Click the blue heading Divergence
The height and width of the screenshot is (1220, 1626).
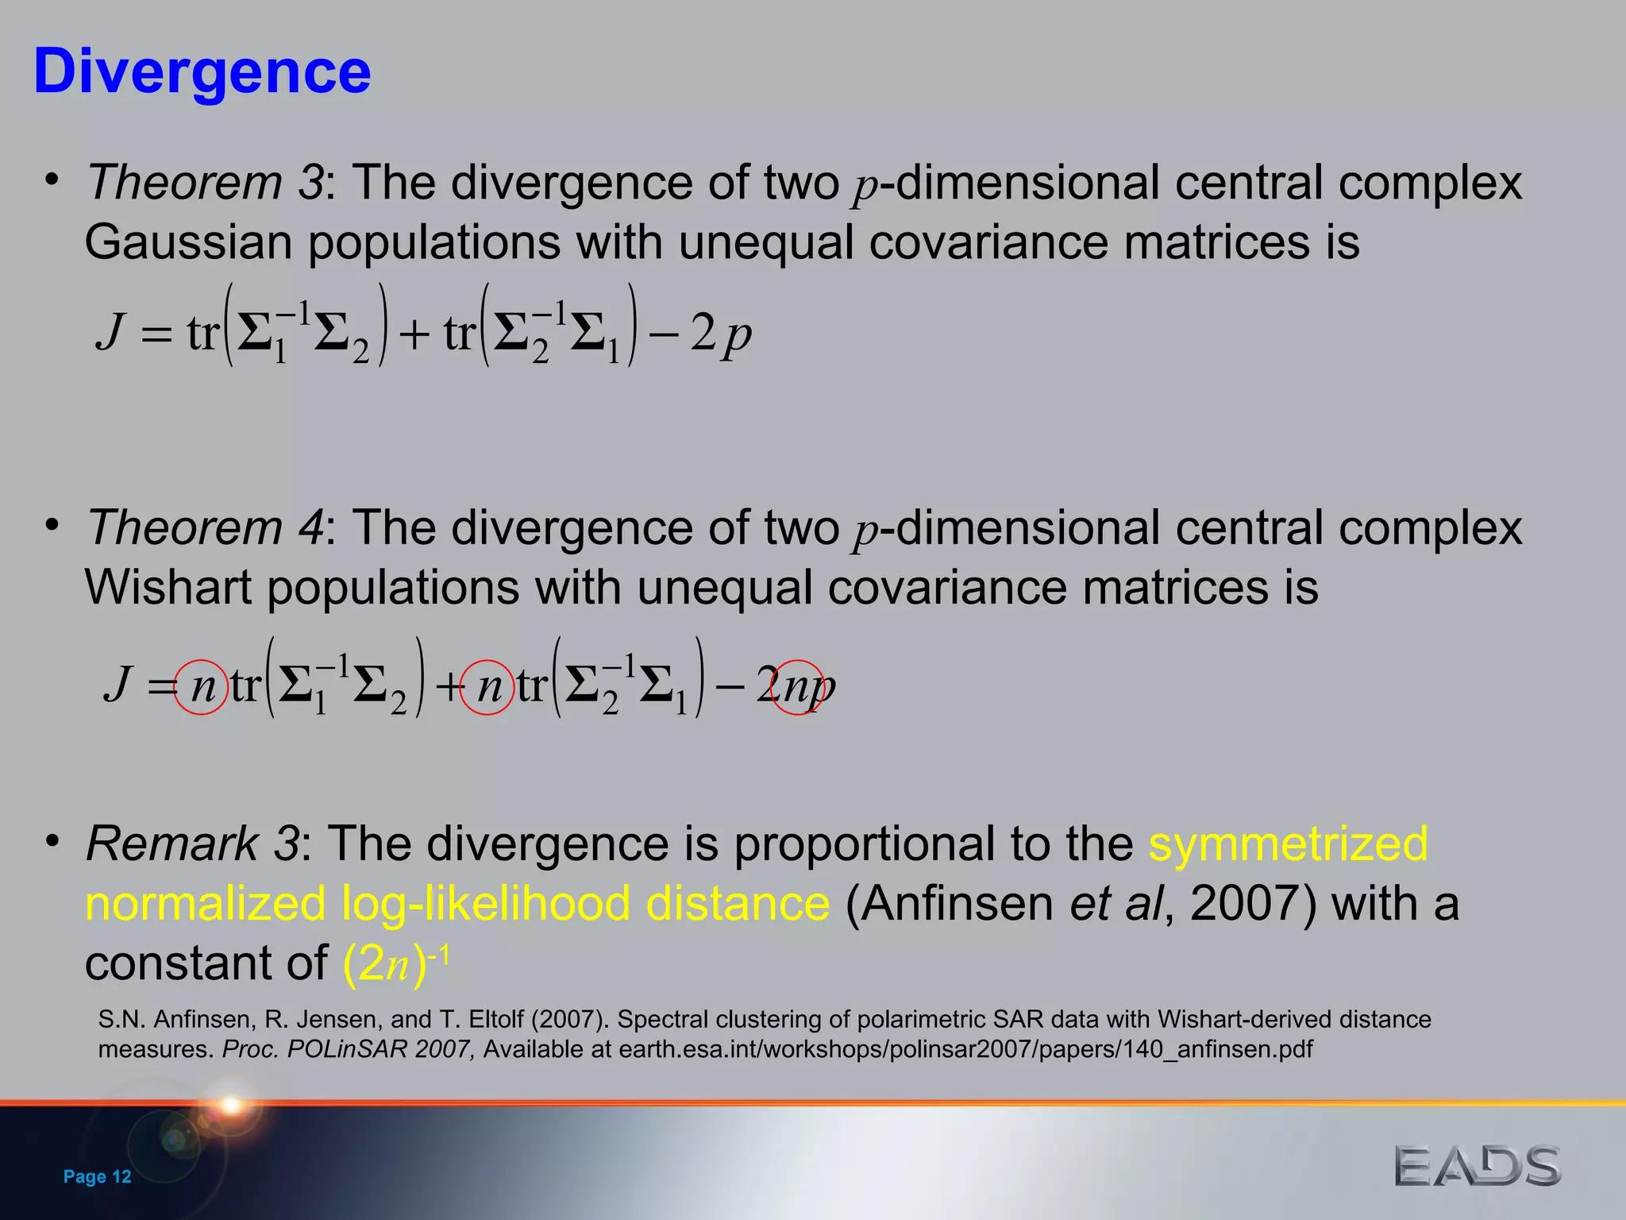point(202,71)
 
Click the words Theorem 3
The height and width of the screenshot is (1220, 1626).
point(205,183)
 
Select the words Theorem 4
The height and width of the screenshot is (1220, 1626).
point(205,528)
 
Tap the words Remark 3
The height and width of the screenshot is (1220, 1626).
point(193,844)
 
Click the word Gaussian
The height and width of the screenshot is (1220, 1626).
point(188,242)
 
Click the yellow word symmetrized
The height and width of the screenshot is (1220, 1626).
point(1288,844)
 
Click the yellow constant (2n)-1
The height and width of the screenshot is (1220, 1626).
point(395,963)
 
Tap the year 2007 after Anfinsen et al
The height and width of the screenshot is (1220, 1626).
point(1243,904)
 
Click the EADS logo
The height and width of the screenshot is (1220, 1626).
point(1478,1166)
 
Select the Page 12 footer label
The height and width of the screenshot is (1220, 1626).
point(97,1176)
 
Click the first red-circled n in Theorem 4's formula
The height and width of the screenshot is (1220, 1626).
point(202,687)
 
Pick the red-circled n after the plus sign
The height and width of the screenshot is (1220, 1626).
point(487,687)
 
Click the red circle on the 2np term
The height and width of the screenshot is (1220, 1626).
point(798,687)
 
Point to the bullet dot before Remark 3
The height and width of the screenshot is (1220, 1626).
point(52,840)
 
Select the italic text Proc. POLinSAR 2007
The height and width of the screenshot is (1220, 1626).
point(349,1049)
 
